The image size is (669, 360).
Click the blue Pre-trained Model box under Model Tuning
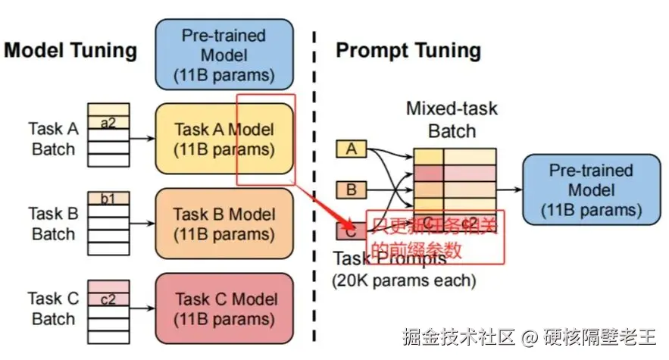click(224, 55)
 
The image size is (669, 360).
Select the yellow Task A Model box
click(224, 139)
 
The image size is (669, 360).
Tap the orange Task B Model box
click(224, 224)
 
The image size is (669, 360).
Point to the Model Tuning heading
click(70, 51)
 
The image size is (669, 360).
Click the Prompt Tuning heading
click(408, 51)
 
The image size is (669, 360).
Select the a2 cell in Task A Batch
click(109, 123)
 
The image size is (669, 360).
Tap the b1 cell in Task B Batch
click(109, 199)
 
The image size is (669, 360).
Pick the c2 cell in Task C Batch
click(109, 299)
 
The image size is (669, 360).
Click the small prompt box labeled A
click(351, 149)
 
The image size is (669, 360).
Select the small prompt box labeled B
click(351, 189)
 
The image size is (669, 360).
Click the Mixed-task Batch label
click(452, 119)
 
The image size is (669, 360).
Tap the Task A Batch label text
click(53, 139)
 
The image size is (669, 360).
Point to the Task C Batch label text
click(53, 308)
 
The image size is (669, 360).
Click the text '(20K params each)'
click(404, 281)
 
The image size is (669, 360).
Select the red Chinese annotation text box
click(436, 237)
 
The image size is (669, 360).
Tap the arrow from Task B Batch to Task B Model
click(142, 224)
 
